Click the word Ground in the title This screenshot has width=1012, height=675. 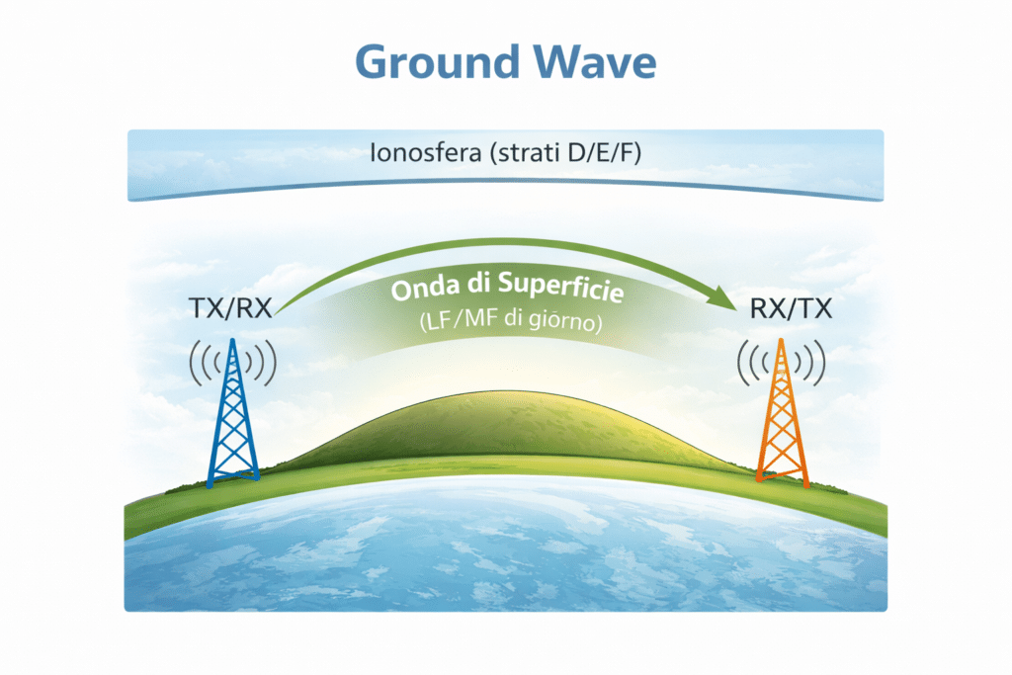tap(431, 62)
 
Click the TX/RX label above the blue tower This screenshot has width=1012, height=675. tap(230, 309)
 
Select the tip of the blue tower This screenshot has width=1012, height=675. tap(232, 341)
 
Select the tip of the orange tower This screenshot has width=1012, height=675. tap(782, 341)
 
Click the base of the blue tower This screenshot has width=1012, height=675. tap(233, 478)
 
